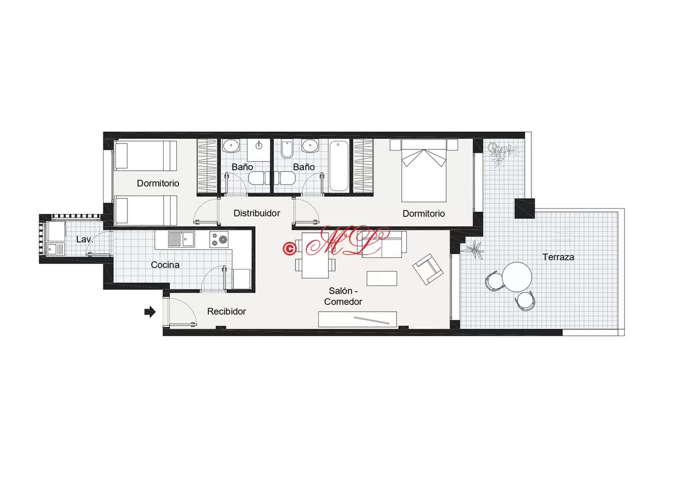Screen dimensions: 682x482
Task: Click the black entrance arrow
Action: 150,312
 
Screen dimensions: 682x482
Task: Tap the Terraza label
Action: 558,257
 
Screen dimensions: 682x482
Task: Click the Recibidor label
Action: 227,312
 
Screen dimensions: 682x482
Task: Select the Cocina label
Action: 165,265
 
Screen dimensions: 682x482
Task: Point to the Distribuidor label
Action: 257,213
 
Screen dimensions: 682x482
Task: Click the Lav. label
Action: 84,240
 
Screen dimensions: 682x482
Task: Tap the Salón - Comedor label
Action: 343,296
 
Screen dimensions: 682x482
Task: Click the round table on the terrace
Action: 517,277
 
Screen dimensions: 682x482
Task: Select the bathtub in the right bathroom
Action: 339,166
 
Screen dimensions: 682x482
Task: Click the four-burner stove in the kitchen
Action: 219,240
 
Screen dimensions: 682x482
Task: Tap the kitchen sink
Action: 181,239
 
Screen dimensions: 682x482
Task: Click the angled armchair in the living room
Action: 428,269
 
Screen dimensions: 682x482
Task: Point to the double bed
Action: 424,171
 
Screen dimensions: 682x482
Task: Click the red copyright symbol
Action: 289,249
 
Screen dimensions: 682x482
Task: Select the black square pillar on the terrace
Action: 525,208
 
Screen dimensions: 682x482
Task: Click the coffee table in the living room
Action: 382,278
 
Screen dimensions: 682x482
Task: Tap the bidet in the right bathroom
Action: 287,149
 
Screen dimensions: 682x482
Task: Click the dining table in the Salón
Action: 315,255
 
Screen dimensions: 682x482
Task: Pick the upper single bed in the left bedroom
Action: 145,156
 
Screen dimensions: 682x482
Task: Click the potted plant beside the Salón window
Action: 473,249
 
